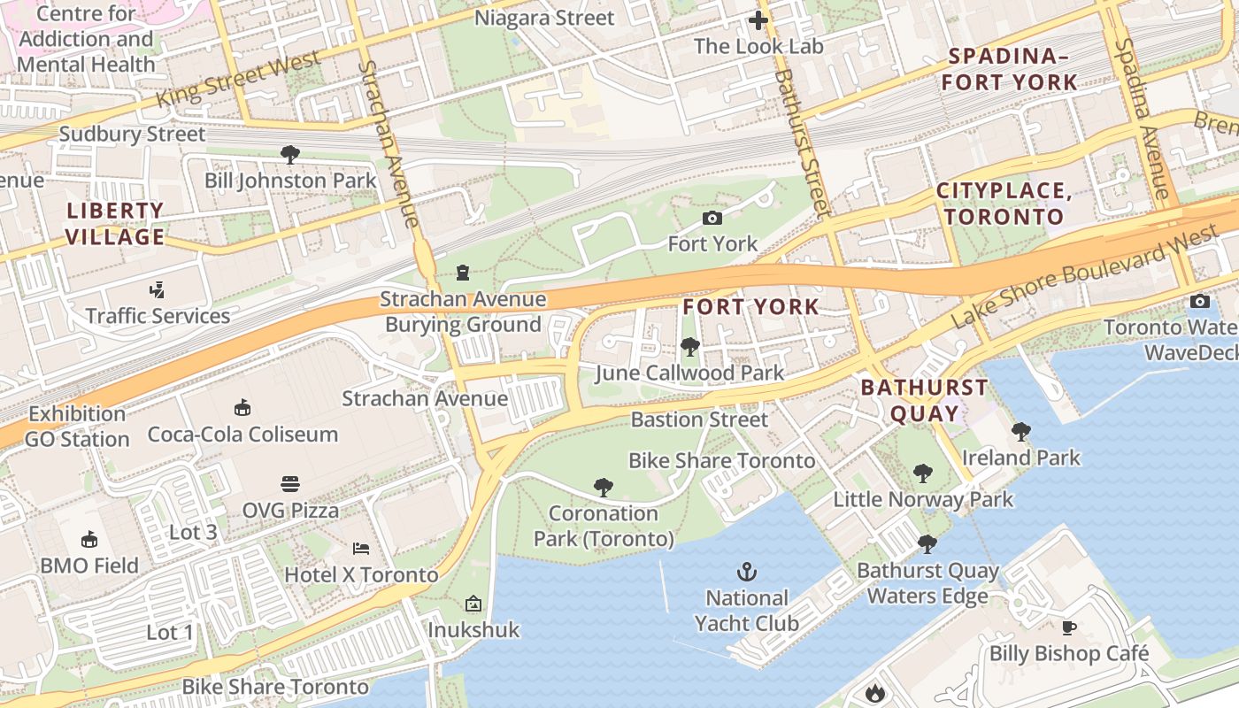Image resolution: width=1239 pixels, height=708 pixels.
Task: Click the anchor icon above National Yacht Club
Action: pyautogui.click(x=747, y=571)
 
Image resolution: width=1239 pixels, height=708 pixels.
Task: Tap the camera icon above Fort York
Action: pyautogui.click(x=712, y=218)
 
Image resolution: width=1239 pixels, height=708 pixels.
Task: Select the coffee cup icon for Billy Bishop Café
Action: pyautogui.click(x=1069, y=627)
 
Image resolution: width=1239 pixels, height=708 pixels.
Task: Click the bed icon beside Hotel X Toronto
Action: pyautogui.click(x=360, y=549)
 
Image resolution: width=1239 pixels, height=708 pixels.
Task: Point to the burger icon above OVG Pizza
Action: pyautogui.click(x=290, y=484)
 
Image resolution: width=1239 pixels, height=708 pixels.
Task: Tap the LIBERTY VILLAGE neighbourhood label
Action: pyautogui.click(x=115, y=224)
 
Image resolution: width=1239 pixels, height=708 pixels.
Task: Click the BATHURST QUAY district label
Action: pyautogui.click(x=924, y=400)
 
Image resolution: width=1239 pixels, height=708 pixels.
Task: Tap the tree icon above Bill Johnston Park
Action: pyautogui.click(x=289, y=155)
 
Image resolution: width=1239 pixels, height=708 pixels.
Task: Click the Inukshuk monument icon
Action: pyautogui.click(x=473, y=604)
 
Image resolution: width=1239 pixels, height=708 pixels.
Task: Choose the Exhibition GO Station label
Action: pyautogui.click(x=77, y=426)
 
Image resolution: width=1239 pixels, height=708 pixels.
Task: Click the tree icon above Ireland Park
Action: pyautogui.click(x=1020, y=432)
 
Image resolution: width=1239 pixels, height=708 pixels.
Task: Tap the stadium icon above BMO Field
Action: pyautogui.click(x=89, y=539)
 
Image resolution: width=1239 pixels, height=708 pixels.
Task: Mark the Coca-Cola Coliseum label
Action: pyautogui.click(x=242, y=434)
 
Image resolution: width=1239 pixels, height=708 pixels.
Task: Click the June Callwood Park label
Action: pyautogui.click(x=689, y=373)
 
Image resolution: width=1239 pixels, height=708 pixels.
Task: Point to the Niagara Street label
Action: pyautogui.click(x=543, y=18)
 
